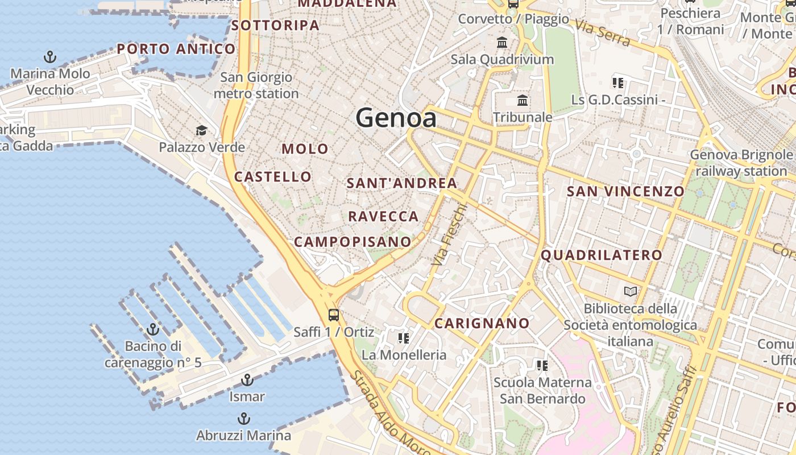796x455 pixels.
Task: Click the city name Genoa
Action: pyautogui.click(x=396, y=118)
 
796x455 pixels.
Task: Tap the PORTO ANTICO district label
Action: pyautogui.click(x=176, y=49)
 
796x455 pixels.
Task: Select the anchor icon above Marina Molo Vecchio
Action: pyautogui.click(x=51, y=57)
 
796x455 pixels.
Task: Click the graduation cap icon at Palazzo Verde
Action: pyautogui.click(x=201, y=131)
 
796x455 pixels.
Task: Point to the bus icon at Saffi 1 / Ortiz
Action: pyautogui.click(x=334, y=315)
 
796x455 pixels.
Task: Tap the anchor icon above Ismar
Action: pyautogui.click(x=247, y=379)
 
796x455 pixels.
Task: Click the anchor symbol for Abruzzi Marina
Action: pyautogui.click(x=243, y=419)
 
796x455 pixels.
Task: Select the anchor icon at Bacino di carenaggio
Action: pyautogui.click(x=152, y=329)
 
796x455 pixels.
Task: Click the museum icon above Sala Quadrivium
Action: pyautogui.click(x=502, y=42)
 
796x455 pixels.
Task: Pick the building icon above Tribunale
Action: pyautogui.click(x=523, y=101)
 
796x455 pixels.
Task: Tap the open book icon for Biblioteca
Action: pyautogui.click(x=631, y=292)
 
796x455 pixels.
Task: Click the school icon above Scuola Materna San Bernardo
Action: pyautogui.click(x=542, y=365)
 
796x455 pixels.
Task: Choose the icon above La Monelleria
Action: pyautogui.click(x=404, y=338)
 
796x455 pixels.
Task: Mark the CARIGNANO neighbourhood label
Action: pyautogui.click(x=482, y=324)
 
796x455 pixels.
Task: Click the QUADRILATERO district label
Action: pyautogui.click(x=602, y=255)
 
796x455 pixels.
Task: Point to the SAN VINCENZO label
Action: pyautogui.click(x=625, y=191)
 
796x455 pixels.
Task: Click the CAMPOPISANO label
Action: pyautogui.click(x=353, y=242)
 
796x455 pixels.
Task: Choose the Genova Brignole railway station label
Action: pyautogui.click(x=741, y=163)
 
